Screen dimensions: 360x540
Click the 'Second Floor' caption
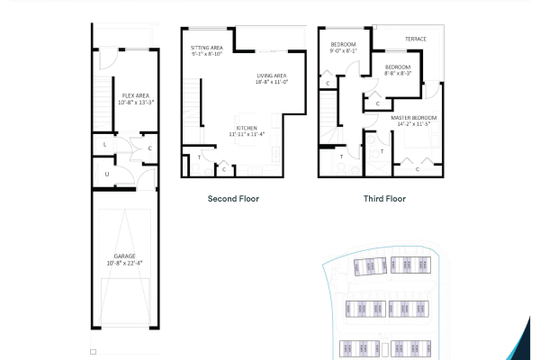coord(233,198)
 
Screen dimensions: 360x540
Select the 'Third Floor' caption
coord(384,198)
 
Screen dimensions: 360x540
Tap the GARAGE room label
coord(124,256)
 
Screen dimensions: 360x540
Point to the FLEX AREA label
coord(136,94)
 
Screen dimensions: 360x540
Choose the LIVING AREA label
coord(271,76)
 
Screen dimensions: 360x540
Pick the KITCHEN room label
coord(248,128)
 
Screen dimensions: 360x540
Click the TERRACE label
coord(415,39)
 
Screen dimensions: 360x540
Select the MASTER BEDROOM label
coord(414,117)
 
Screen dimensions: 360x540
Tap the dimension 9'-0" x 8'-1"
coord(344,51)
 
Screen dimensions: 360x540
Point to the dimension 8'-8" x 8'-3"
coord(398,74)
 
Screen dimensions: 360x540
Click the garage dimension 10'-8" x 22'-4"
coord(124,263)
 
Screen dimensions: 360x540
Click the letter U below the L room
coord(106,173)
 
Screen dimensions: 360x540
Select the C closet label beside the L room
coord(149,148)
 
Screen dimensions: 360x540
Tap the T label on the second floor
coord(198,158)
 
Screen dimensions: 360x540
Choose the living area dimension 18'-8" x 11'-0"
coord(271,82)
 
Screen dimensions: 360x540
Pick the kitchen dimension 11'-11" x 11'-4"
coord(248,135)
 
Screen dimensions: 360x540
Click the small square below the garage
coord(92,352)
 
